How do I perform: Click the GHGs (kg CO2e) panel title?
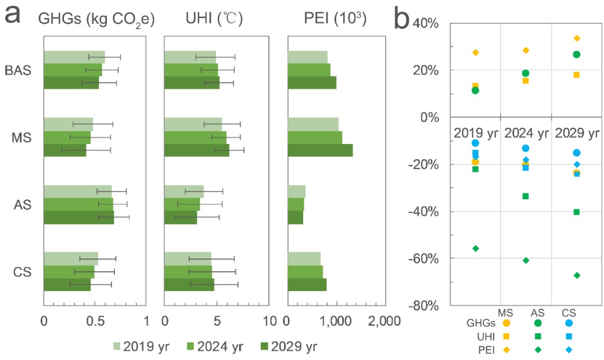(96, 19)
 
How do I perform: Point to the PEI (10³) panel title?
(335, 19)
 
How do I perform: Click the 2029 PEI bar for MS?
(320, 150)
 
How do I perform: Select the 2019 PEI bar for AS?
(297, 192)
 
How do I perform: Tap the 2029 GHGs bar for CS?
(67, 285)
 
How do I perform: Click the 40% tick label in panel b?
(429, 24)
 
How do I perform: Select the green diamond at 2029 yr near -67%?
(577, 275)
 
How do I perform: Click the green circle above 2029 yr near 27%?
(577, 55)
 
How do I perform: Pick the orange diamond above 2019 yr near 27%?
(476, 53)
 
